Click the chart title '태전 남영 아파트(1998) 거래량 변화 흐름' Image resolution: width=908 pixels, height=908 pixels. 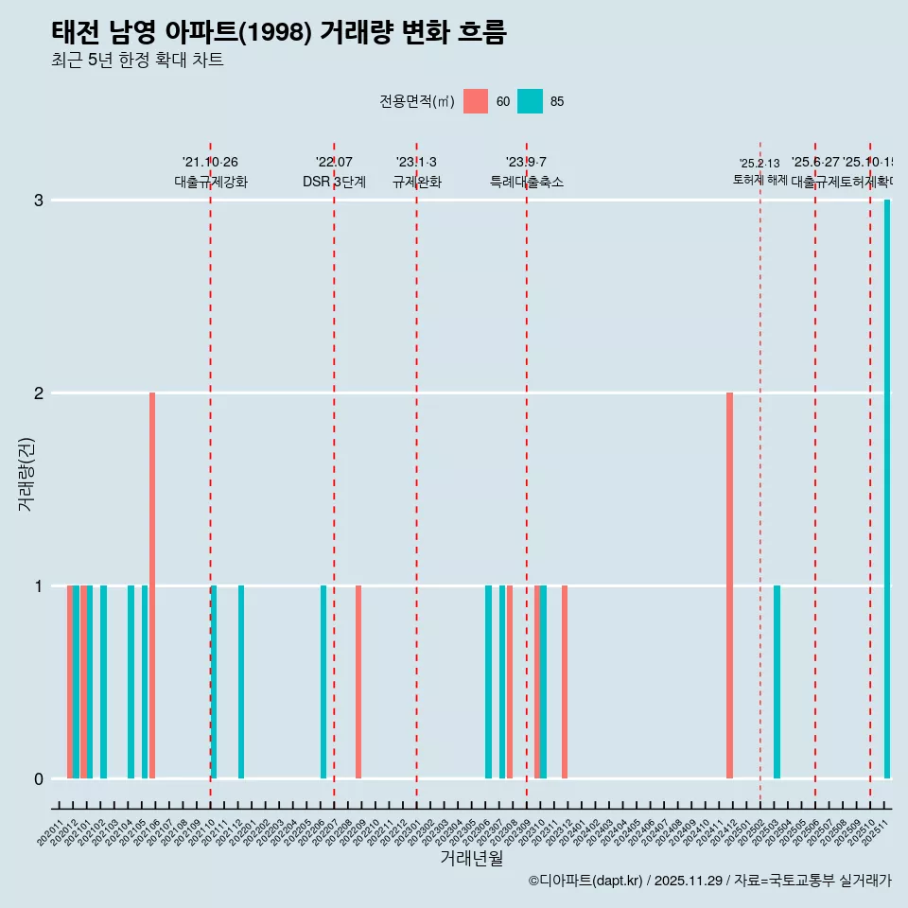click(279, 32)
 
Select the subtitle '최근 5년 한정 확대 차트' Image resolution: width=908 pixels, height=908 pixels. click(137, 61)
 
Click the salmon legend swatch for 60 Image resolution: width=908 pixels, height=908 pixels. click(476, 101)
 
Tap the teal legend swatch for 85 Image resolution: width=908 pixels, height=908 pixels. click(530, 101)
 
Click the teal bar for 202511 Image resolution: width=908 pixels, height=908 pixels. click(887, 489)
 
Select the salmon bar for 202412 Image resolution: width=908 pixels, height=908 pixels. click(729, 585)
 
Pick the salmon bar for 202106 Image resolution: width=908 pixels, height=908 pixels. click(152, 585)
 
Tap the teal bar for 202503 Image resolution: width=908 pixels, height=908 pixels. click(777, 682)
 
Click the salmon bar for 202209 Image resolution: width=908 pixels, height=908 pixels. click(358, 682)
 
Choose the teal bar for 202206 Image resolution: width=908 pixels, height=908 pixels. click(323, 682)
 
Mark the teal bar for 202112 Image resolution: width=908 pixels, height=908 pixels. click(241, 682)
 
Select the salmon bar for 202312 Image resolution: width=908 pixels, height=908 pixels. click(565, 682)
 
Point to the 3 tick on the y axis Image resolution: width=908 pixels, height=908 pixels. click(39, 200)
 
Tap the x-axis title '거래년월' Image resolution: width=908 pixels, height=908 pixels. click(471, 858)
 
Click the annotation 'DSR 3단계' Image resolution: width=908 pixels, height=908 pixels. click(334, 182)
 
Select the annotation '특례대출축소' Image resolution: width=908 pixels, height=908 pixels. click(527, 182)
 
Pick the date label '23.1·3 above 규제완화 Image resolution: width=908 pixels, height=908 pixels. click(416, 162)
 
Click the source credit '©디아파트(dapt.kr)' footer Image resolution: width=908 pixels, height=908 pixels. click(586, 881)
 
